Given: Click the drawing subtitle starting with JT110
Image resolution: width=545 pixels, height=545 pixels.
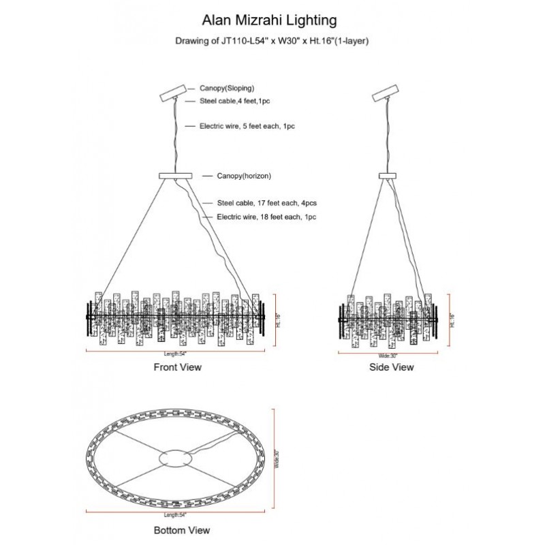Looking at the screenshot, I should (272, 41).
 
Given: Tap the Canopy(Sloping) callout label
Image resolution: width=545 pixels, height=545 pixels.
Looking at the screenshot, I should (227, 89).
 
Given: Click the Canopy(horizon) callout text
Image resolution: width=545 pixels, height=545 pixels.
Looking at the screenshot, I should (244, 176).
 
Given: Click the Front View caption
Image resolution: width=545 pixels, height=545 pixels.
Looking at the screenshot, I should (177, 367).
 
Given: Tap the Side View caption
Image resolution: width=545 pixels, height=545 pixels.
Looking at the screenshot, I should (390, 367).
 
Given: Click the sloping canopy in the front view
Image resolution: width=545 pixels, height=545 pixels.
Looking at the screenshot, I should (172, 93).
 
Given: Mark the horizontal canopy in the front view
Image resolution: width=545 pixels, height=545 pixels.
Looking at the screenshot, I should (176, 176).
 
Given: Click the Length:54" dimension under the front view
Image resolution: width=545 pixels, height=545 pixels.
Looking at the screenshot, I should (176, 354).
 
